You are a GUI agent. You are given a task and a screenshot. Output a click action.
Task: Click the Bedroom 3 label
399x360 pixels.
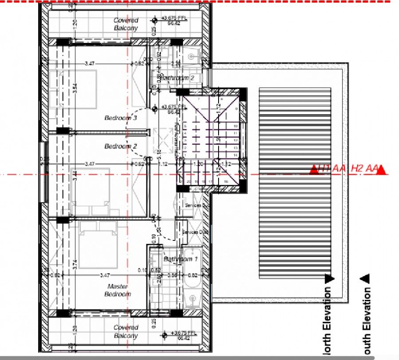pyautogui.click(x=121, y=118)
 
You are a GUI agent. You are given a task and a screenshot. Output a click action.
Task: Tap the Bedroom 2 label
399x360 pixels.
pyautogui.click(x=121, y=146)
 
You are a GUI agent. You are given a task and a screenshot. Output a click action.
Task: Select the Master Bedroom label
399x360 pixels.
pyautogui.click(x=118, y=290)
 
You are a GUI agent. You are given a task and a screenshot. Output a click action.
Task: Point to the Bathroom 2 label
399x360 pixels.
pyautogui.click(x=177, y=78)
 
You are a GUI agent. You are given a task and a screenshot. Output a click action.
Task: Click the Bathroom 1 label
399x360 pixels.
pyautogui.click(x=180, y=259)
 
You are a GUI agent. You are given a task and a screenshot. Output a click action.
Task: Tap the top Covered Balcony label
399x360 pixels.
pyautogui.click(x=126, y=24)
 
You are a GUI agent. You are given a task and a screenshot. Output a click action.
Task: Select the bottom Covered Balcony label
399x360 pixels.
pyautogui.click(x=126, y=332)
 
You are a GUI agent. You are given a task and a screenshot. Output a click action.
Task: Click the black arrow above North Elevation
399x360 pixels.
pyautogui.click(x=329, y=279)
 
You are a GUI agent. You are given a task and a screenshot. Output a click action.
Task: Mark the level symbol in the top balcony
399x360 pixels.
pyautogui.click(x=155, y=20)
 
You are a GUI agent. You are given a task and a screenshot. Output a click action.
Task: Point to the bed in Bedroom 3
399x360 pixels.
pyautogui.click(x=73, y=89)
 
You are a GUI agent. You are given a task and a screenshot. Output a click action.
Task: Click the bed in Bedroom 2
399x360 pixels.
pyautogui.click(x=89, y=191)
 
